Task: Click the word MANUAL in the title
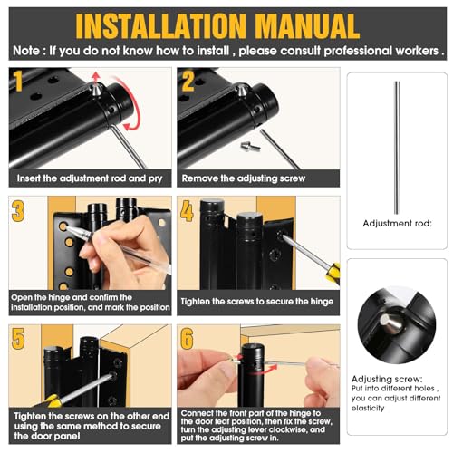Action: click(x=307, y=26)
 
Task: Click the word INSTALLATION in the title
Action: click(x=161, y=26)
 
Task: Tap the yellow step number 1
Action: click(x=18, y=81)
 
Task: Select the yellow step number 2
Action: click(x=188, y=81)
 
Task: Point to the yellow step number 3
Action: click(x=18, y=211)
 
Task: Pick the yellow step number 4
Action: click(x=187, y=211)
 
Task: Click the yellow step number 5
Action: click(x=18, y=339)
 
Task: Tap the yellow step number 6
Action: click(x=187, y=339)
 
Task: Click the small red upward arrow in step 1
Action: click(x=96, y=78)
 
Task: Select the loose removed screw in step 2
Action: click(x=250, y=147)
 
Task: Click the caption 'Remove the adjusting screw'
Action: click(x=244, y=178)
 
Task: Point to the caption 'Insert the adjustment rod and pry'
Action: click(x=90, y=178)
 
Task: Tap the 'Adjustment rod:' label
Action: click(x=397, y=224)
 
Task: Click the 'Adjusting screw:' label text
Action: click(x=387, y=379)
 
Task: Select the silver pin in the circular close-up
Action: click(x=391, y=323)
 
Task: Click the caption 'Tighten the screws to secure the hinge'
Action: click(x=257, y=302)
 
